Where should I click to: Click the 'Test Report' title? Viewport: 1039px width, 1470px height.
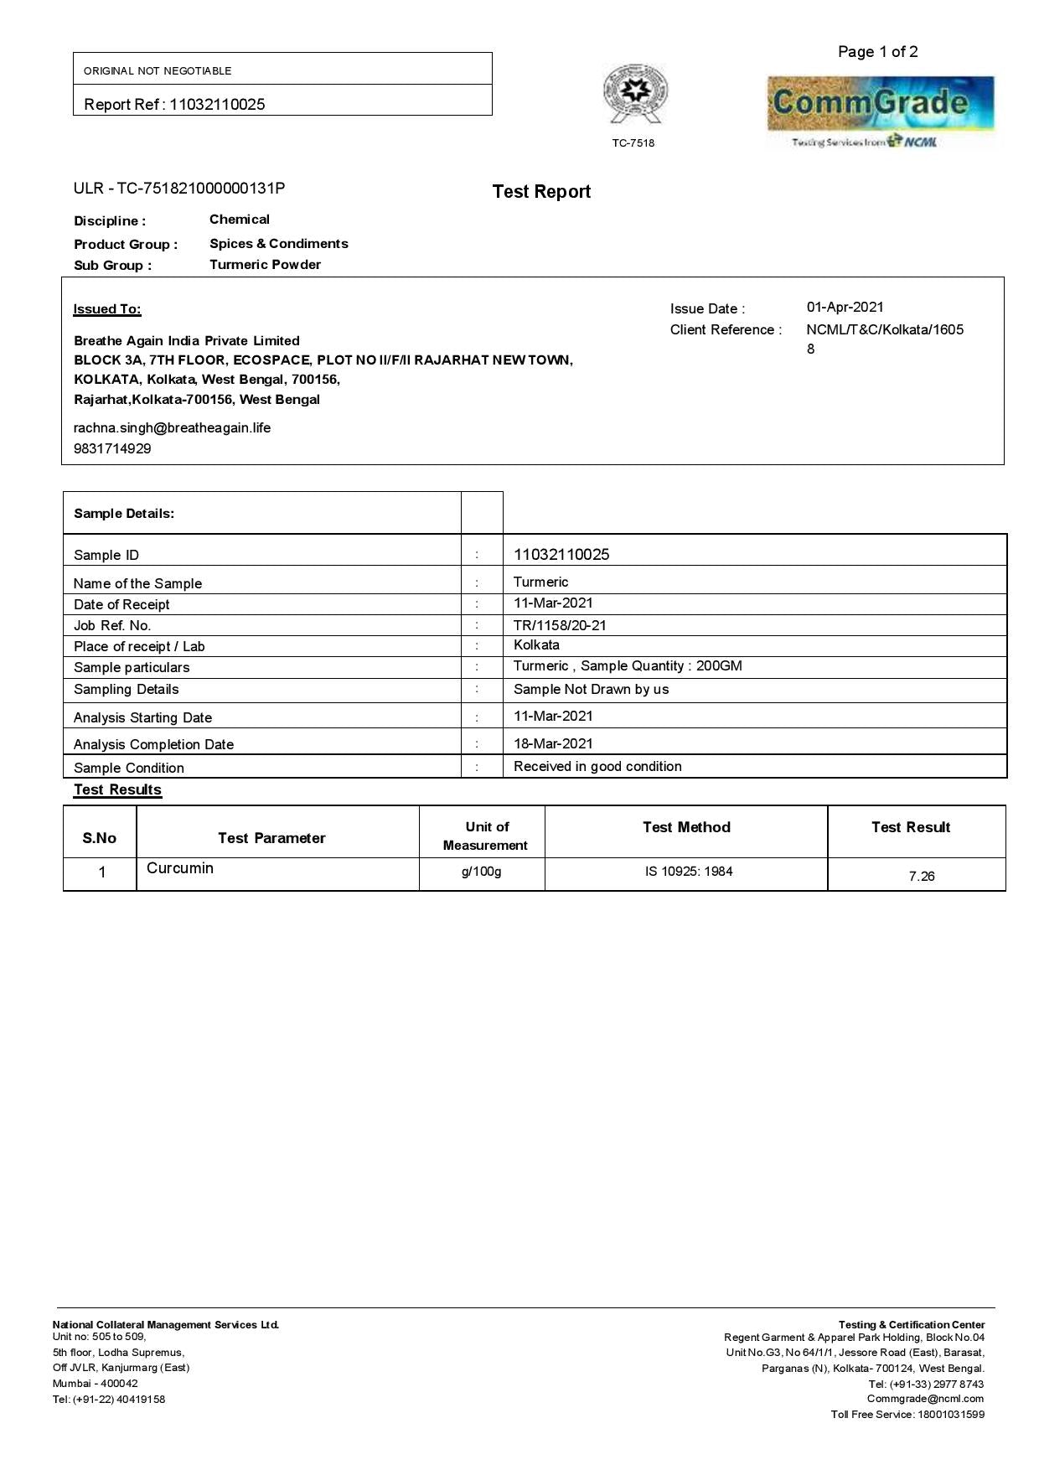coord(541,192)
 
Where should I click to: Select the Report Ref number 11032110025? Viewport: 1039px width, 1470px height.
coord(217,105)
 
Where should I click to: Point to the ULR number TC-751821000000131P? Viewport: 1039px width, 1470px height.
coord(200,188)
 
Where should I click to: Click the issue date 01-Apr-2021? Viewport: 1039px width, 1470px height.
coord(845,308)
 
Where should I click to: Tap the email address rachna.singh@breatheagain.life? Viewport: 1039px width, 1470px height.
coord(172,428)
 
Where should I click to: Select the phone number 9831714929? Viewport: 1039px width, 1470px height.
coord(112,449)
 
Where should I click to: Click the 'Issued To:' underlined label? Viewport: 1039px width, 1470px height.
coord(107,309)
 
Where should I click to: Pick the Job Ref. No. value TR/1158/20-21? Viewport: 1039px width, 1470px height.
coord(560,625)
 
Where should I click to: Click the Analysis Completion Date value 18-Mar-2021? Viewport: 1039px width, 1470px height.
coord(553,743)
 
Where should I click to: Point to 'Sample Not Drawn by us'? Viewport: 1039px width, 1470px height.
coord(591,690)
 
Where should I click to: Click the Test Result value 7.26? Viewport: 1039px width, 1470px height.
coord(921,877)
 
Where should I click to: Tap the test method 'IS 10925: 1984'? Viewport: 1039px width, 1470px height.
coord(689,872)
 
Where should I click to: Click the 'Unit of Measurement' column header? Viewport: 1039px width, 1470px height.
coord(486,836)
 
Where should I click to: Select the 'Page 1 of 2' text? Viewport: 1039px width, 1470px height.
coord(877,52)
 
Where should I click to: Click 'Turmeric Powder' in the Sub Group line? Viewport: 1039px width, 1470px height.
coord(265,265)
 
